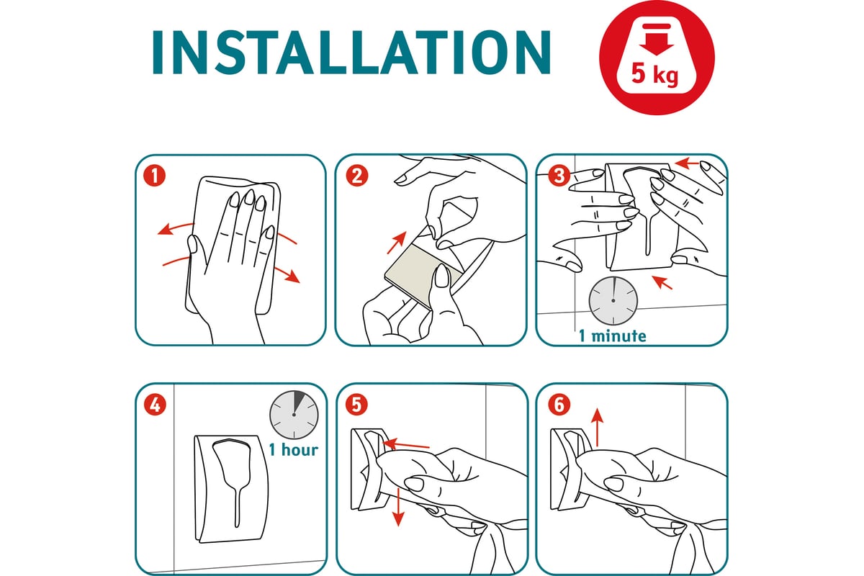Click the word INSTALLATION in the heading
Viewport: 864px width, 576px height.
tap(351, 52)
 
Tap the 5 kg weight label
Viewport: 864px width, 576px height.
tap(654, 73)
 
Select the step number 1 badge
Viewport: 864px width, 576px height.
tap(155, 176)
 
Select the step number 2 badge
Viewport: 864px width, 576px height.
tap(357, 176)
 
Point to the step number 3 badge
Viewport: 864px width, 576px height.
tap(559, 176)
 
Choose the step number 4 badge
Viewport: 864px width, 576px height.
tap(155, 405)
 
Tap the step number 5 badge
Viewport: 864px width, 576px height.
tap(356, 405)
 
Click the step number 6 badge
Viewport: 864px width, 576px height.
tap(559, 405)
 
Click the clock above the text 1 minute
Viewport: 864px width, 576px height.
tap(613, 300)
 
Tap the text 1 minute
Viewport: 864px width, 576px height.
tap(613, 336)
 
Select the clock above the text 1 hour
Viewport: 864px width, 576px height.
tap(294, 415)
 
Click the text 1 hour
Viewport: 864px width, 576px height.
tap(294, 450)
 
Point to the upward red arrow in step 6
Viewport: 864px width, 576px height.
tap(597, 427)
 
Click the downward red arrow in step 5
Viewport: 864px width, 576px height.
tap(397, 506)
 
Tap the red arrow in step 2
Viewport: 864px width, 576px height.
tap(397, 243)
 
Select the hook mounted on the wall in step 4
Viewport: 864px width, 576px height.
tap(231, 489)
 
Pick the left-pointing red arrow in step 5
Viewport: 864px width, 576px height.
tap(406, 445)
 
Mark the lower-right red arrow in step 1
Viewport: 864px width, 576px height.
tap(287, 274)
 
